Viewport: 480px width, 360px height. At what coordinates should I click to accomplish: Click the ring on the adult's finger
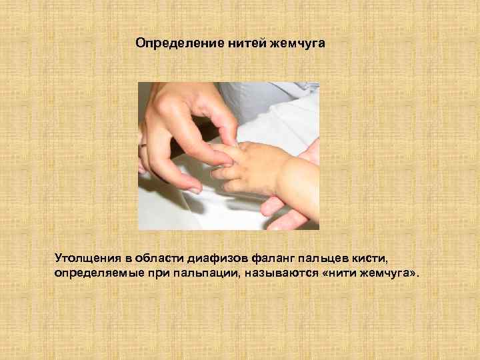point(143,145)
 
